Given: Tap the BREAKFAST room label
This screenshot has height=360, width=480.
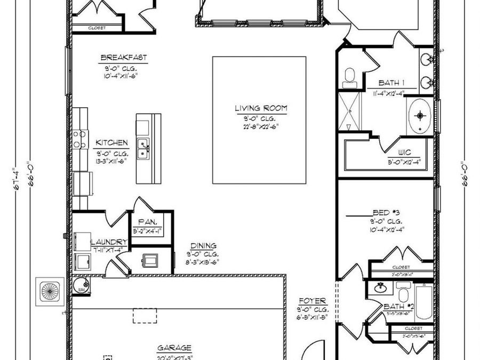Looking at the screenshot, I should [x=123, y=58].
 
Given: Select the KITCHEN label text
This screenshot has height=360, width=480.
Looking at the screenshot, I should [x=111, y=143].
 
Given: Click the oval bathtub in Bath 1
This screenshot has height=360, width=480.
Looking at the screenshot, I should [x=421, y=115].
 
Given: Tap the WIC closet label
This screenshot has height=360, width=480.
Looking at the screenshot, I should [x=404, y=153].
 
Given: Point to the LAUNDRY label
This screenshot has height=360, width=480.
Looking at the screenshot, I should [x=109, y=242].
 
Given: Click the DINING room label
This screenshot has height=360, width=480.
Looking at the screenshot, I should [x=202, y=246].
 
